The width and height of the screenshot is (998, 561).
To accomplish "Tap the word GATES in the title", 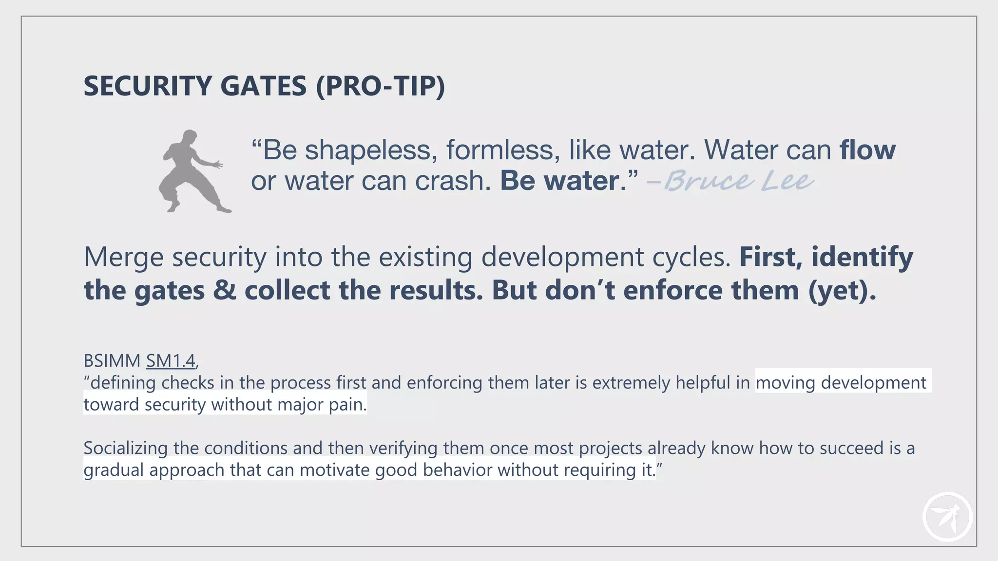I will pyautogui.click(x=263, y=86).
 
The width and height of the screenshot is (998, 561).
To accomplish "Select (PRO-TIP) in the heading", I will pyautogui.click(x=380, y=86).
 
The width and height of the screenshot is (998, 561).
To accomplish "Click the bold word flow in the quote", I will pyautogui.click(x=867, y=150).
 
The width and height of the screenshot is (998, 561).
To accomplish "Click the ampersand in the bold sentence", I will pyautogui.click(x=224, y=291).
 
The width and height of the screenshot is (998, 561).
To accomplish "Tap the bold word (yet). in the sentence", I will pyautogui.click(x=842, y=291).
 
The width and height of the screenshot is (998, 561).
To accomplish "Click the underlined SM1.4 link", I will pyautogui.click(x=171, y=361).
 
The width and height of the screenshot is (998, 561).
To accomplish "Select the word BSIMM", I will pyautogui.click(x=112, y=361).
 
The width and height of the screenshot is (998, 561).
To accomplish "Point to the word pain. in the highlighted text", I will pyautogui.click(x=348, y=405).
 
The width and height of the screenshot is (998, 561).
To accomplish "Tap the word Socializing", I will pyautogui.click(x=125, y=448).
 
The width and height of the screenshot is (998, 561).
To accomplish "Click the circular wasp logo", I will pyautogui.click(x=947, y=517).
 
